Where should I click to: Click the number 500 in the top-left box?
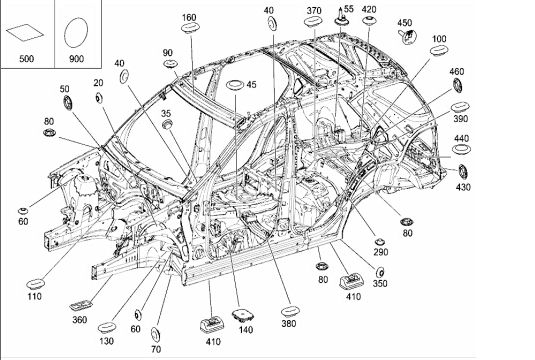click(26, 59)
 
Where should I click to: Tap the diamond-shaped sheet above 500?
click(25, 32)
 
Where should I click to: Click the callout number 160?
click(189, 17)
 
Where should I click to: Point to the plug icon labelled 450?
click(407, 37)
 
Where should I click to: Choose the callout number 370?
click(314, 11)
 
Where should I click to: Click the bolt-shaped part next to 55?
click(341, 16)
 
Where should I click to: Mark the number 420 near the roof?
click(369, 10)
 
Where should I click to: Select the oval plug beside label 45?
click(234, 85)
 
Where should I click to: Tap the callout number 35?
click(166, 113)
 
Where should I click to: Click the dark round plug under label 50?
click(68, 103)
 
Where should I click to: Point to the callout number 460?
click(457, 72)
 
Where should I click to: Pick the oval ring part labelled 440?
click(461, 149)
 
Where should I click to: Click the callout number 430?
click(463, 187)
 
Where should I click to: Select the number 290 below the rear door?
click(380, 252)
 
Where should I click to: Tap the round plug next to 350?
click(380, 273)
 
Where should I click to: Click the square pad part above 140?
click(243, 316)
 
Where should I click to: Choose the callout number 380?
click(289, 323)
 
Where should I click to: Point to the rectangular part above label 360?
click(81, 305)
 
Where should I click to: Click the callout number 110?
click(34, 296)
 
